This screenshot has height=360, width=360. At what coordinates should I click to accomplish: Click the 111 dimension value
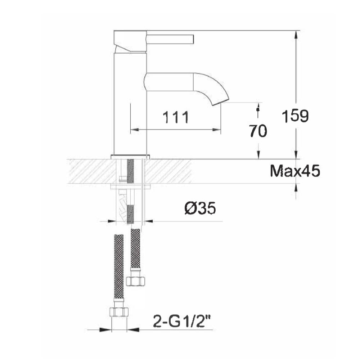point(176,117)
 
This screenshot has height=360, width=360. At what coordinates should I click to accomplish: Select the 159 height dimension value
point(295,116)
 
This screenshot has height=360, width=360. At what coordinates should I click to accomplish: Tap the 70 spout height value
point(258,131)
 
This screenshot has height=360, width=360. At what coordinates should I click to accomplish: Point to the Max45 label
point(295,171)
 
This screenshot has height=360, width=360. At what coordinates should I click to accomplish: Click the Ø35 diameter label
point(200,208)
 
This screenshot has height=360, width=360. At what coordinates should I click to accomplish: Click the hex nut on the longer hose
point(119,311)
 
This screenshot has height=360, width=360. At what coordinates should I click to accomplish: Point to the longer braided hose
point(119,266)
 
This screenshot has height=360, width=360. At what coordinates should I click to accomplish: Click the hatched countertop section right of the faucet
point(167,171)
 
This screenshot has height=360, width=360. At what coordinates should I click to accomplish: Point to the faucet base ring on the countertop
point(130,157)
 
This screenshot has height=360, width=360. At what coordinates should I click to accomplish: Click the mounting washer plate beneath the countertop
point(130,187)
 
